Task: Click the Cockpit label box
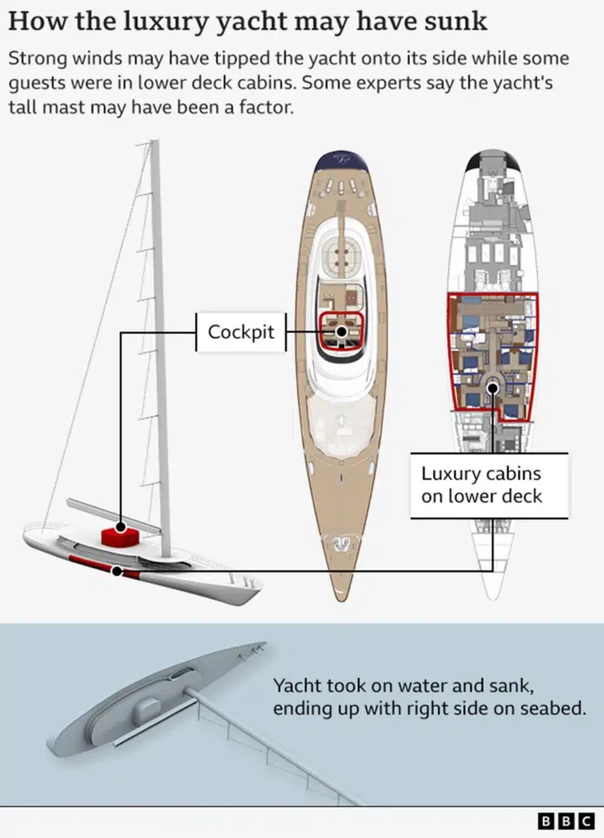click(241, 332)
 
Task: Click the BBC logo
click(566, 821)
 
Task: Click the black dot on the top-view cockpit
click(342, 332)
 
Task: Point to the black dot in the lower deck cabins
click(493, 388)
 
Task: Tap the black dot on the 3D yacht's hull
click(117, 571)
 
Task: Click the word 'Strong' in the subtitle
click(37, 59)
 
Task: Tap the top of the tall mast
click(155, 143)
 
